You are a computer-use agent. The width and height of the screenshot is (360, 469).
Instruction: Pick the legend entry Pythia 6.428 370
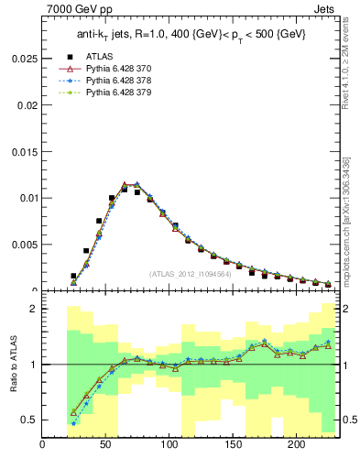pos(125,68)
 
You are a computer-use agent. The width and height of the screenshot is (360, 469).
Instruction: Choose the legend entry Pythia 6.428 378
pos(125,80)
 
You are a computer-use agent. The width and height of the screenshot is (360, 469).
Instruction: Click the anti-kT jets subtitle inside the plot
pos(191,35)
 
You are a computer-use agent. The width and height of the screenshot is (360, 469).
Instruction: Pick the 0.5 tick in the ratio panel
pos(30,420)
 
